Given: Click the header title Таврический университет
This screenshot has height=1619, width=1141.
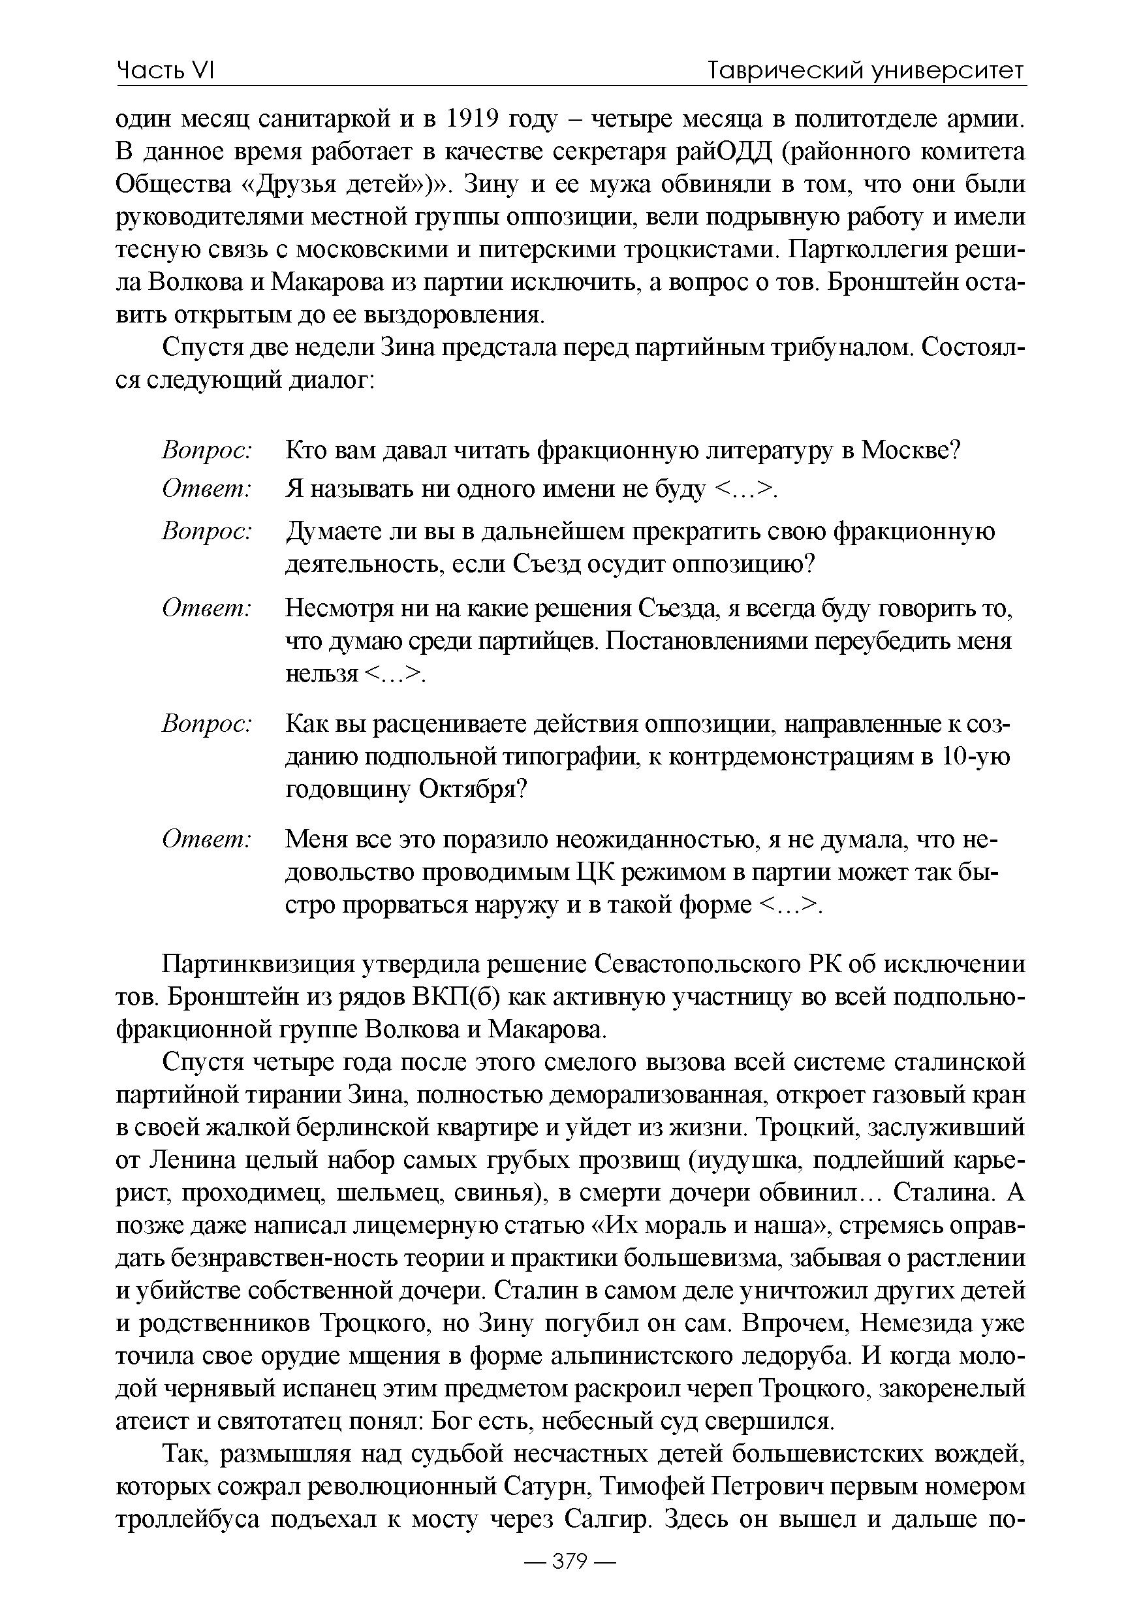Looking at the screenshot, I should click(867, 71).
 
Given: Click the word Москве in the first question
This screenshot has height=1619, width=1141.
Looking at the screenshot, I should click(911, 449).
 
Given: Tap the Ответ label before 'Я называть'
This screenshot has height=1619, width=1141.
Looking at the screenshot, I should click(207, 489).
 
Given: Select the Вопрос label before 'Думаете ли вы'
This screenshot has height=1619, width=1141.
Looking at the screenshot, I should click(207, 531).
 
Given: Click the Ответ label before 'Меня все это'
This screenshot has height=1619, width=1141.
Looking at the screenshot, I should click(207, 839).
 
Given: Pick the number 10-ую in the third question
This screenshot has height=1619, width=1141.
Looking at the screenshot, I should click(975, 757).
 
